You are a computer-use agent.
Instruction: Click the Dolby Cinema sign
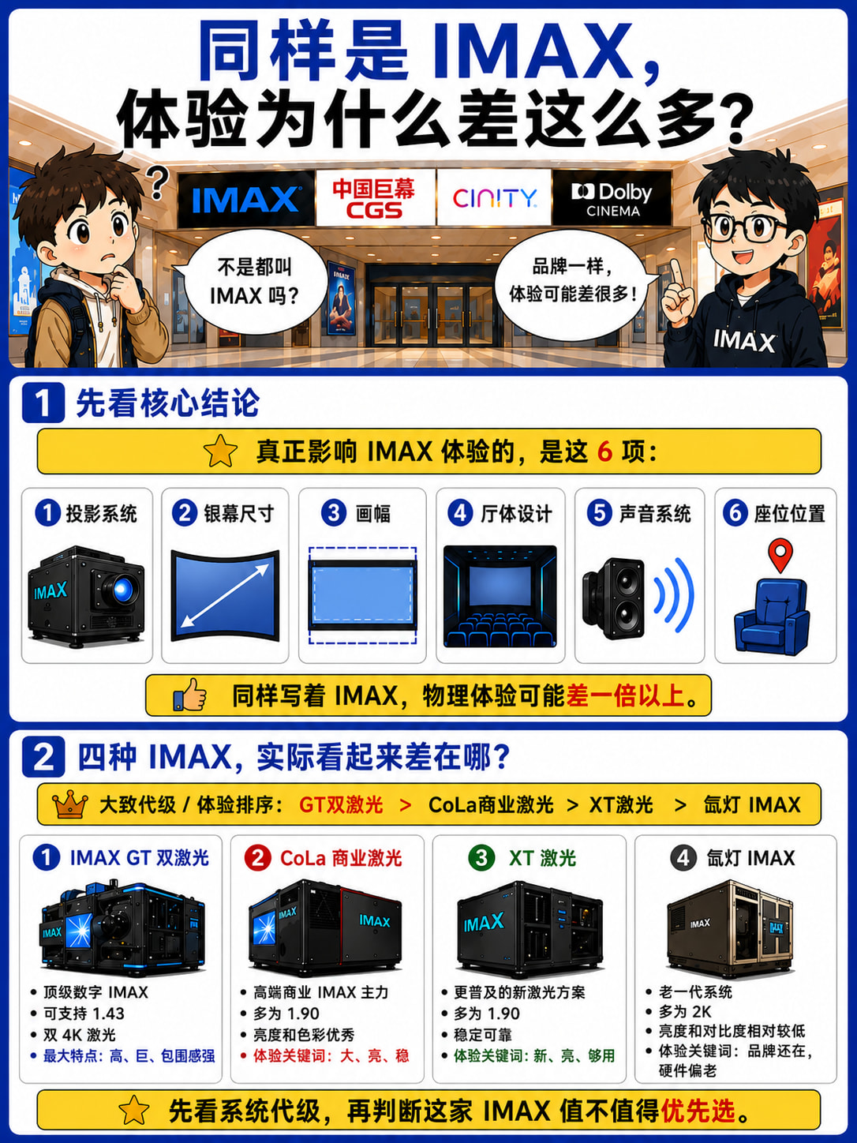tap(612, 198)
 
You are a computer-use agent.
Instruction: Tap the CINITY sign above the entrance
tap(494, 198)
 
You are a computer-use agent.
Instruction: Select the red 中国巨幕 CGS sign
tap(374, 198)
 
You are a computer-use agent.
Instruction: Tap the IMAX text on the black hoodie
tap(744, 341)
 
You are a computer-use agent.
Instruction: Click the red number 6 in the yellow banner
tap(604, 452)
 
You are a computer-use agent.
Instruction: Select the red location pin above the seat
tap(780, 555)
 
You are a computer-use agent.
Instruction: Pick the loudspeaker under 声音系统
tap(614, 598)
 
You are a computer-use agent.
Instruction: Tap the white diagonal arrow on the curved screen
tap(225, 596)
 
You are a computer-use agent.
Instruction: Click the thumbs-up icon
tap(189, 695)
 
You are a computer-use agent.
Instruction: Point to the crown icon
tap(69, 804)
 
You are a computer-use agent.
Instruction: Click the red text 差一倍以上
tap(625, 695)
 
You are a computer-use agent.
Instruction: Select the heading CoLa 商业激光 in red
tap(341, 858)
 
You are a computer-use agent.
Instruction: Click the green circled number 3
tap(481, 857)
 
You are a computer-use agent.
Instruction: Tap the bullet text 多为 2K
tap(685, 1011)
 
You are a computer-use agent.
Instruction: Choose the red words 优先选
tap(698, 1111)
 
